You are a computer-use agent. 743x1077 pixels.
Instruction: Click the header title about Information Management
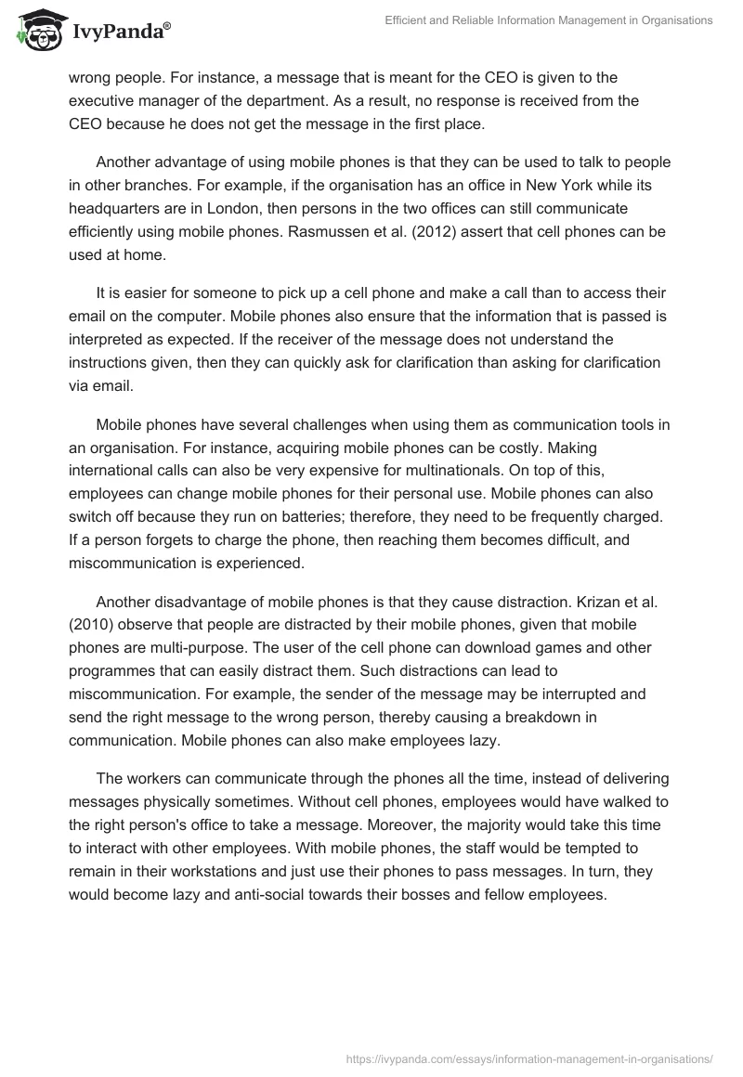[549, 21]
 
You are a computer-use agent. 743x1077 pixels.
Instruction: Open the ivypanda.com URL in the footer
[529, 1058]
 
